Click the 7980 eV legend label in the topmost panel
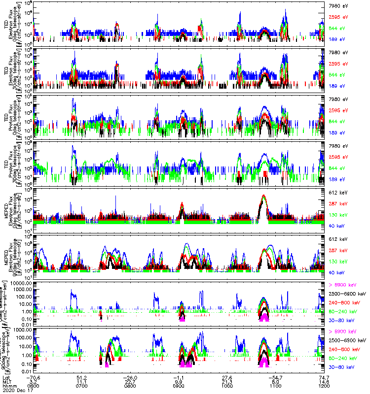[x=337, y=5]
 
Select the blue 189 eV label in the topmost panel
[x=336, y=39]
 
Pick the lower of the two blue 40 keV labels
[x=337, y=272]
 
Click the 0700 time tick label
[x=81, y=387]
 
